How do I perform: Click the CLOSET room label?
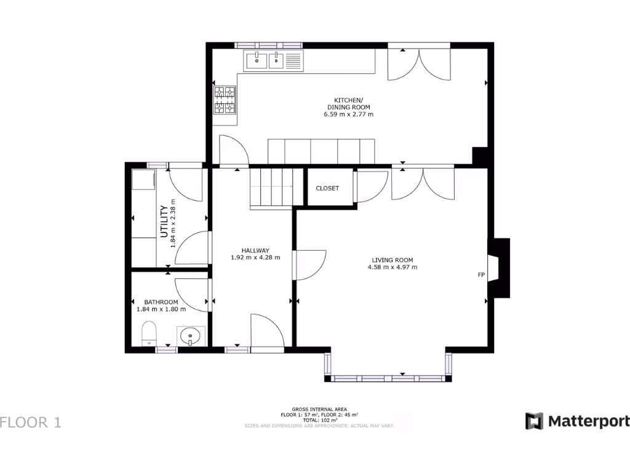click(327, 188)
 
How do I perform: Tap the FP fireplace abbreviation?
click(481, 274)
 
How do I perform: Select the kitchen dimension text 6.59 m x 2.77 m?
click(348, 114)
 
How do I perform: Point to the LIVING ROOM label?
click(392, 259)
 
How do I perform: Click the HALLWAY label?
click(255, 250)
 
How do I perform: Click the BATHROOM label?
click(161, 302)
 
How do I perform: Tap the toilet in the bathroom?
click(150, 334)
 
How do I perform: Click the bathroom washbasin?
click(191, 337)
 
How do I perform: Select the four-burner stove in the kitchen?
click(225, 100)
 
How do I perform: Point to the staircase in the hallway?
click(271, 187)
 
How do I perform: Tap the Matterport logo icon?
click(534, 421)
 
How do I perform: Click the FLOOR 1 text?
click(31, 422)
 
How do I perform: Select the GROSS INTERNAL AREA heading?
click(319, 409)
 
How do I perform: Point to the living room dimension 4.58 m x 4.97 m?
click(392, 267)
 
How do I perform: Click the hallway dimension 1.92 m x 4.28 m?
click(255, 258)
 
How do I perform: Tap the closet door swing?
click(370, 187)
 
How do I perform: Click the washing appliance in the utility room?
click(144, 181)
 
